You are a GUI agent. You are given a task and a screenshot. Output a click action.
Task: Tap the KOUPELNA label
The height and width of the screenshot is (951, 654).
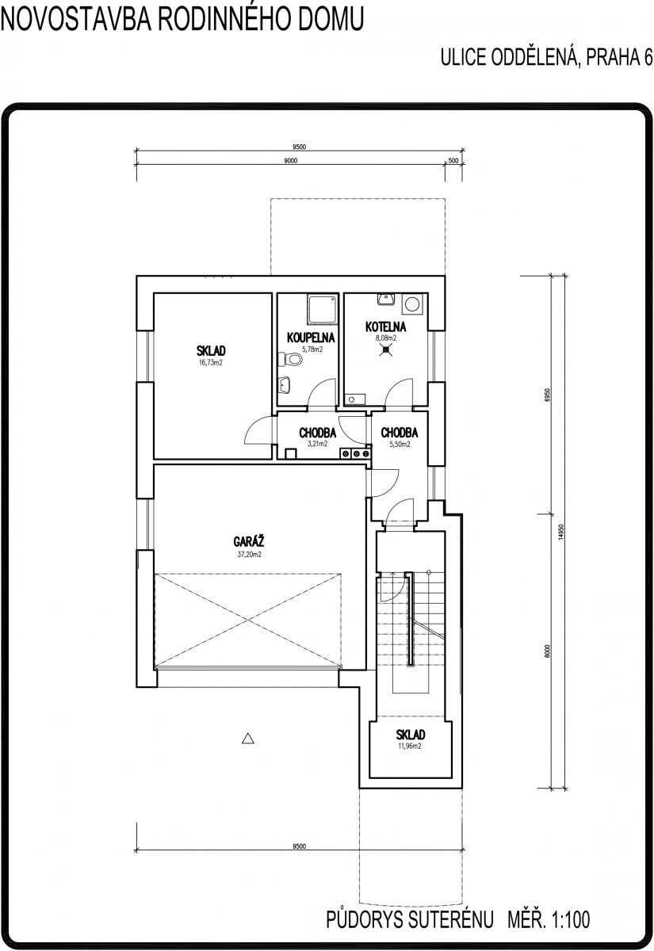coord(311,338)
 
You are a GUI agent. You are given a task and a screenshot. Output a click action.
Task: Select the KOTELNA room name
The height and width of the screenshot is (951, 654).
coord(385,327)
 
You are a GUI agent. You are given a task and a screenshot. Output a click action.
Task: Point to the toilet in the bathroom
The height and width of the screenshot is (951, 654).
coord(290,359)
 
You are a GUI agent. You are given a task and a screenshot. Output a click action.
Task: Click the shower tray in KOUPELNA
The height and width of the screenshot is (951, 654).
coord(323,309)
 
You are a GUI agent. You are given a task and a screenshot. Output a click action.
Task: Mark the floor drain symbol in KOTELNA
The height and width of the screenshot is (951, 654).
coord(386,349)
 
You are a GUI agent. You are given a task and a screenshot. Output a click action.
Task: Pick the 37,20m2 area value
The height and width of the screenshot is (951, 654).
coord(249,554)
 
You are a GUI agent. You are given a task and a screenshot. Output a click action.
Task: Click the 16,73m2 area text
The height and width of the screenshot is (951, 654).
coord(211,363)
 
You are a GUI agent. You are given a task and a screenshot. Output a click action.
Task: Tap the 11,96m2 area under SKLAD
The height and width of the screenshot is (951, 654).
coord(410,746)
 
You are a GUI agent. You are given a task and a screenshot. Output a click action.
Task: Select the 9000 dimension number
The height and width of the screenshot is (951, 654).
coord(290,161)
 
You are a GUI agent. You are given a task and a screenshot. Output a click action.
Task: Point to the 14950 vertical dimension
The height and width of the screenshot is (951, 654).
coord(561,532)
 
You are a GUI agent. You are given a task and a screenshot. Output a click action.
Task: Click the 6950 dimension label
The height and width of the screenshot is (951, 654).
coord(548,395)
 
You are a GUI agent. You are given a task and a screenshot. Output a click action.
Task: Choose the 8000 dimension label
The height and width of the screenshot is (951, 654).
coord(548,651)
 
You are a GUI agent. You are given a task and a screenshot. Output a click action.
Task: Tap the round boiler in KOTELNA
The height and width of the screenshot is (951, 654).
coord(412,304)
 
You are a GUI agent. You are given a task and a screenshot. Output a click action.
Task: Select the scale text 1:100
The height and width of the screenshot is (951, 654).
coord(570,919)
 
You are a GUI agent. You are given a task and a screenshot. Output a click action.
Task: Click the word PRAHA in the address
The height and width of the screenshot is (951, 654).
coord(611,57)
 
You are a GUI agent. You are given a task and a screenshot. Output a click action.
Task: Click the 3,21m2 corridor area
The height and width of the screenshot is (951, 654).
coord(317,444)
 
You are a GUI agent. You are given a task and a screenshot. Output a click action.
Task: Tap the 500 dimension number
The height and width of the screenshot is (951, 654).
coord(453,161)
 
